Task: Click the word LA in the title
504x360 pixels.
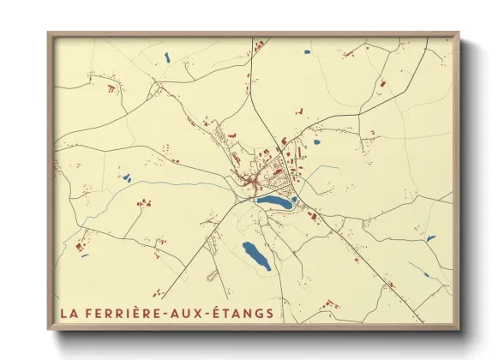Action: (x=69, y=313)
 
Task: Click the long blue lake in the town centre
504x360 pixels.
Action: (x=275, y=201)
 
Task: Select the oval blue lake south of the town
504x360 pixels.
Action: (x=256, y=255)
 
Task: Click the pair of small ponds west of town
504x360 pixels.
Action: (x=127, y=178)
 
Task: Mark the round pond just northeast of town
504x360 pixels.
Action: (x=316, y=143)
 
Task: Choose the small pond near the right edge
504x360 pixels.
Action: (x=430, y=239)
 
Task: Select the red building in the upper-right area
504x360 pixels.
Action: (x=382, y=84)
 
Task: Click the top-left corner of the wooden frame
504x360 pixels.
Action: (x=48, y=33)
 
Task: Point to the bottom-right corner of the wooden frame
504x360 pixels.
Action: (x=459, y=330)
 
